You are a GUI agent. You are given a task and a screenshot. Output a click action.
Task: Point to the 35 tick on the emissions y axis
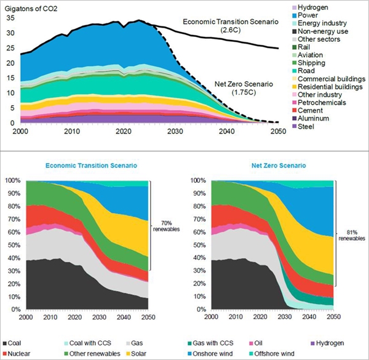(9, 17)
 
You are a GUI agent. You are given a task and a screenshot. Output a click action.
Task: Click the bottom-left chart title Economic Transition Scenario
(91, 166)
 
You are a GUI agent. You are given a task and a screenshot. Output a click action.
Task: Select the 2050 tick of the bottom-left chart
(148, 317)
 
